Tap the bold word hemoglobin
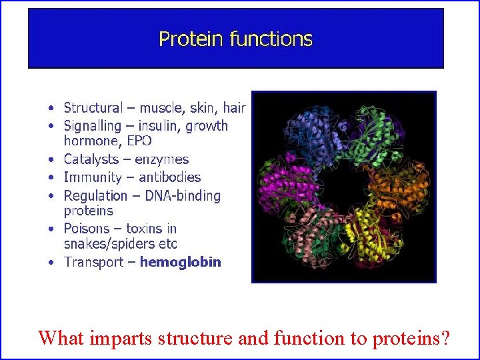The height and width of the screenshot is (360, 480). pyautogui.click(x=180, y=262)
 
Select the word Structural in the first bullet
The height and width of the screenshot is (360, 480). pyautogui.click(x=93, y=107)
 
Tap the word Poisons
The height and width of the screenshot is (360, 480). pyautogui.click(x=88, y=229)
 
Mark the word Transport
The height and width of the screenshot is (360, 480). pyautogui.click(x=93, y=262)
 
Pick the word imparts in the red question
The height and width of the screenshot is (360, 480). pyautogui.click(x=121, y=338)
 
